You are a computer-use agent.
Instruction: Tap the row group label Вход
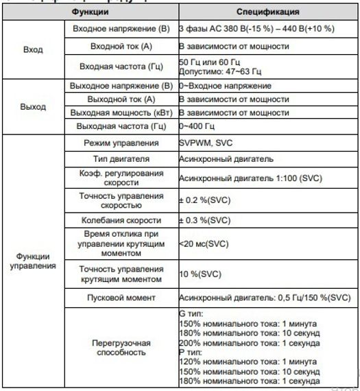click(x=32, y=50)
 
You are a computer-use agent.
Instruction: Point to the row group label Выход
click(x=32, y=107)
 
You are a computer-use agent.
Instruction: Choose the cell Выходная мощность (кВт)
click(x=120, y=112)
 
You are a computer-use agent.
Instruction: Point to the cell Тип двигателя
click(x=120, y=158)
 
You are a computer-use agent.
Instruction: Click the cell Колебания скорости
click(x=120, y=220)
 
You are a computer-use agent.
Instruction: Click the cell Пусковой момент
click(x=120, y=298)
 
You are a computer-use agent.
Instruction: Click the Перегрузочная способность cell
click(x=120, y=347)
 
